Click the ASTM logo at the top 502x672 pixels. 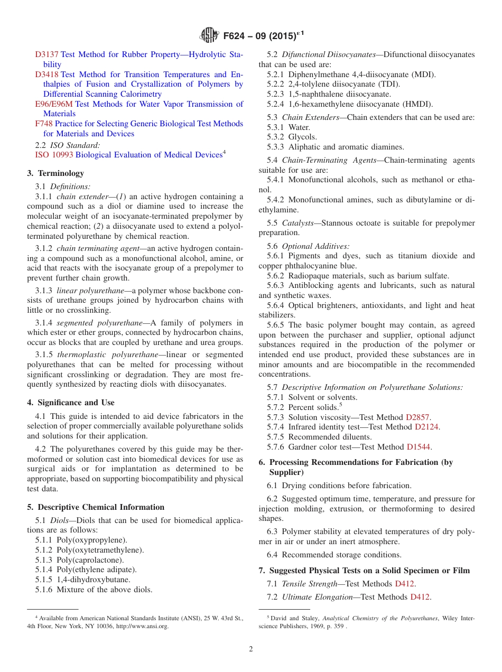[209, 35]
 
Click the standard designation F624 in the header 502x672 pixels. [236, 36]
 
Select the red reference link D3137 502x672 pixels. [47, 54]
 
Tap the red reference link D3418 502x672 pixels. [47, 74]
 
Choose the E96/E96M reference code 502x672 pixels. [54, 104]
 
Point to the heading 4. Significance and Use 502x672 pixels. [70, 403]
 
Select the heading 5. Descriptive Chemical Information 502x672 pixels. [95, 507]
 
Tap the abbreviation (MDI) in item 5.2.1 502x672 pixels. [421, 74]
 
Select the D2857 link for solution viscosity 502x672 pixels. [417, 417]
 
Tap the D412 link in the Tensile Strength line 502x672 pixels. [404, 584]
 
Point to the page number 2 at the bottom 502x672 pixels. [251, 649]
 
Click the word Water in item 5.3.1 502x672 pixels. [299, 127]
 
